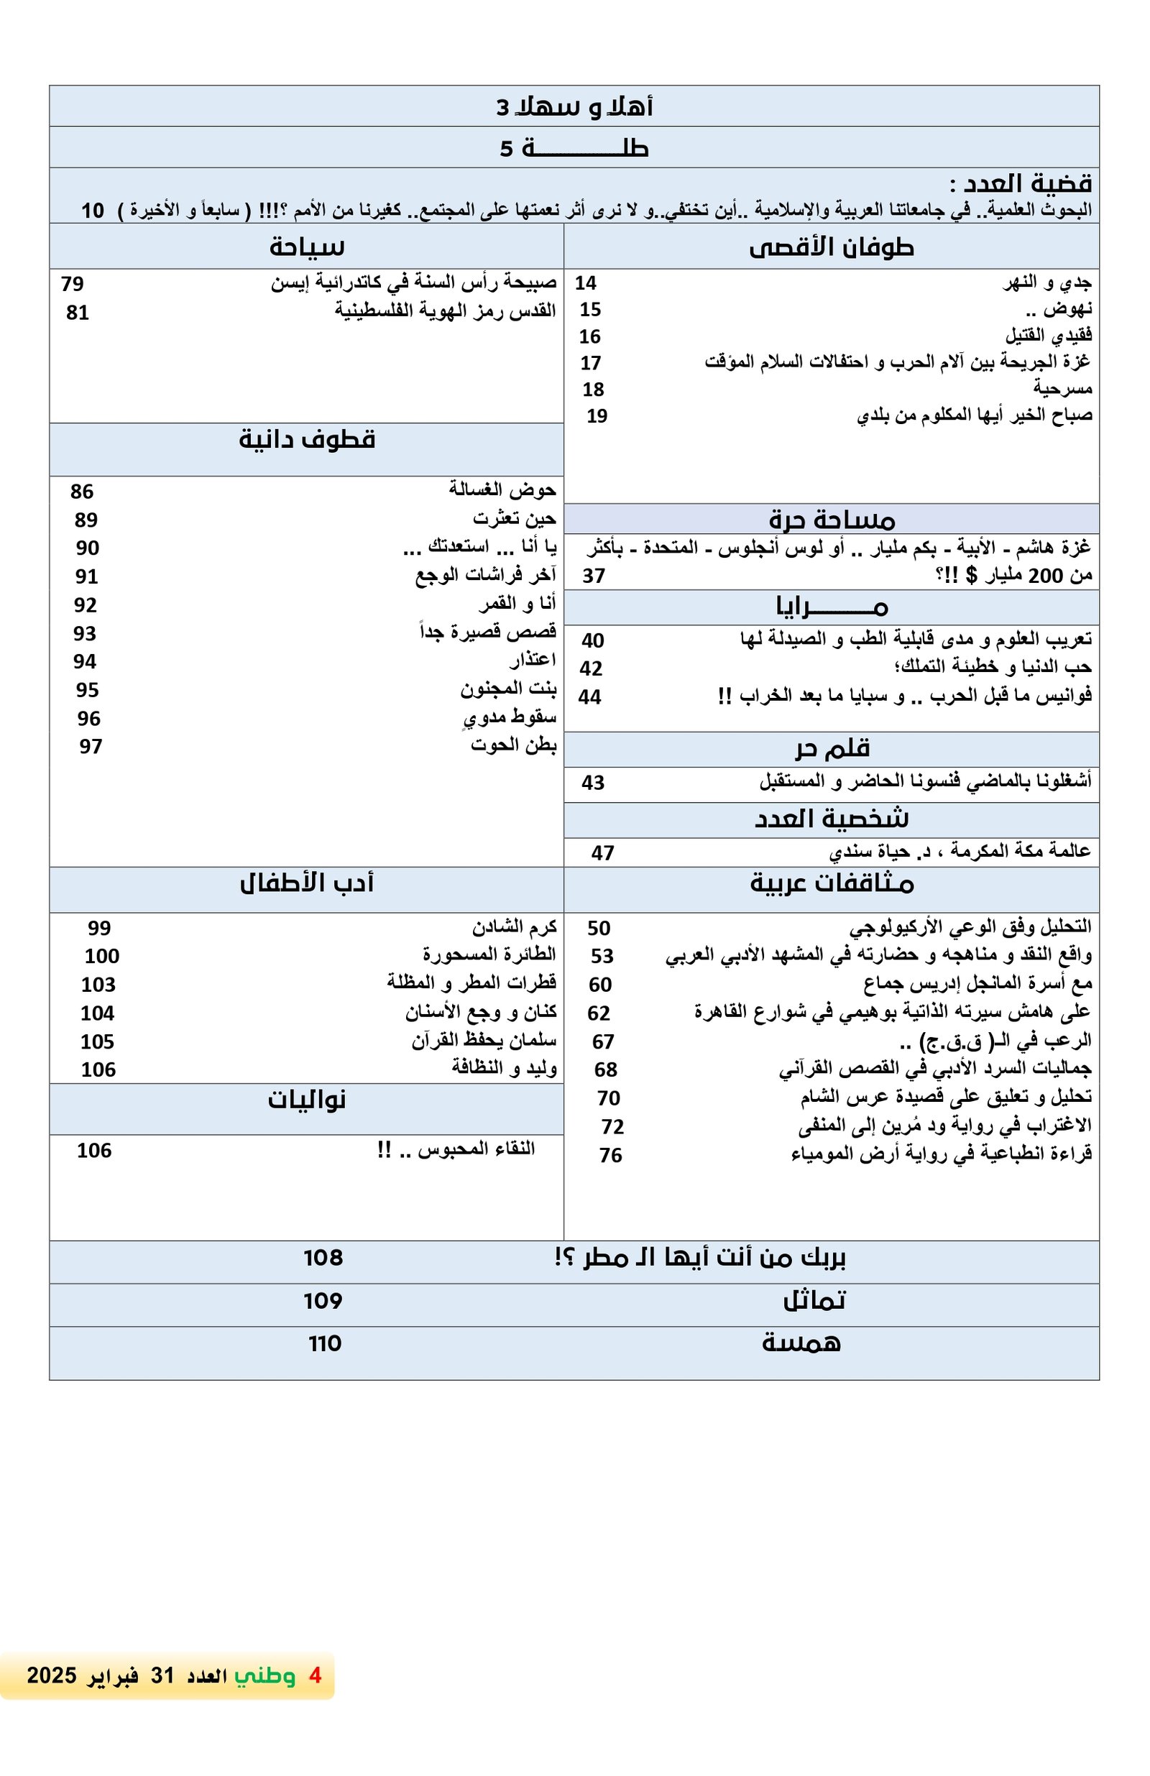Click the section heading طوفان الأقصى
click(x=831, y=247)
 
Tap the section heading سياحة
click(x=307, y=247)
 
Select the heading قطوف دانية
click(x=307, y=440)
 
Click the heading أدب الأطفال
click(x=307, y=883)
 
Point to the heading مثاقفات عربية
click(x=832, y=883)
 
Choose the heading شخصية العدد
click(x=832, y=819)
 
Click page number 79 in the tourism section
click(x=73, y=284)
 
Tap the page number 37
click(x=593, y=575)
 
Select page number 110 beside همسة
click(x=325, y=1343)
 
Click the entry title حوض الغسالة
click(x=502, y=489)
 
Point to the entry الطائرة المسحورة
click(x=489, y=954)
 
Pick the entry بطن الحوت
click(x=512, y=745)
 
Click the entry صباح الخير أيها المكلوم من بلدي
click(x=974, y=415)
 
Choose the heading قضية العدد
click(x=1020, y=183)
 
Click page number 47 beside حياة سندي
click(x=602, y=853)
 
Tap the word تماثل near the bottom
click(x=814, y=1301)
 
